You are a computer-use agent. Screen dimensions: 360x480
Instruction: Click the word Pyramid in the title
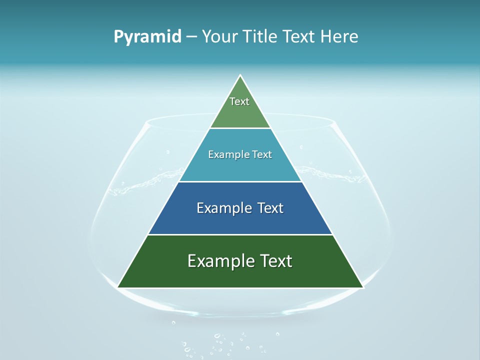coord(147,37)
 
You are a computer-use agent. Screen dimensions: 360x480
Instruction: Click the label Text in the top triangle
coord(239,101)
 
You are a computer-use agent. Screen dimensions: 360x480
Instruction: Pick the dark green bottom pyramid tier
coord(240,275)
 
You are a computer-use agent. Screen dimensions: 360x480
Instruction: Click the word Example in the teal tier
coord(224,155)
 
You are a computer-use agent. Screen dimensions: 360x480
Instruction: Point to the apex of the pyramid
coord(240,76)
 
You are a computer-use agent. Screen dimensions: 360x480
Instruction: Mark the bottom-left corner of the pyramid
coord(118,287)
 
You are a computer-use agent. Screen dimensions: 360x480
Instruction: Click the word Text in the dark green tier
coord(275,261)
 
